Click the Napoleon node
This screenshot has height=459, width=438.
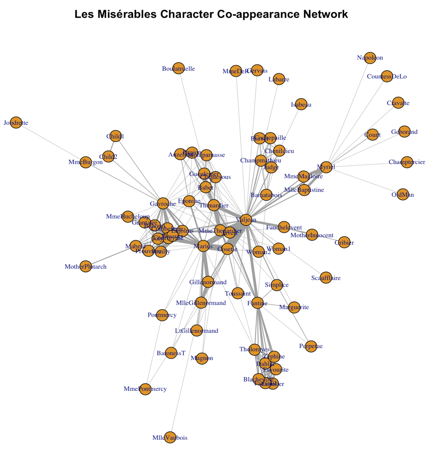370,57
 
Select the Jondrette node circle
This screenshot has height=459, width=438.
16,122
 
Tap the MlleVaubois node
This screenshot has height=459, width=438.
170,437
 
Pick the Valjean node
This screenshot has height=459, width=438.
246,220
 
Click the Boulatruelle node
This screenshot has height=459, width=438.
178,68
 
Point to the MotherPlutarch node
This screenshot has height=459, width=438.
86,266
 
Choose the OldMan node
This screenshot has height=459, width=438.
403,195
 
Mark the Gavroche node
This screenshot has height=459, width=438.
163,204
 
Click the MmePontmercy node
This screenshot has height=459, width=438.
145,389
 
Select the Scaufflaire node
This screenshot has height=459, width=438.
326,278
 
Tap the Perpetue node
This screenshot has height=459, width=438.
311,346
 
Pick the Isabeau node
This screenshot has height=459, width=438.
301,104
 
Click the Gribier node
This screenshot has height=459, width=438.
344,242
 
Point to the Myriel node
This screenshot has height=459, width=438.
326,167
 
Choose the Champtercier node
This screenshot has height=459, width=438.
407,162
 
